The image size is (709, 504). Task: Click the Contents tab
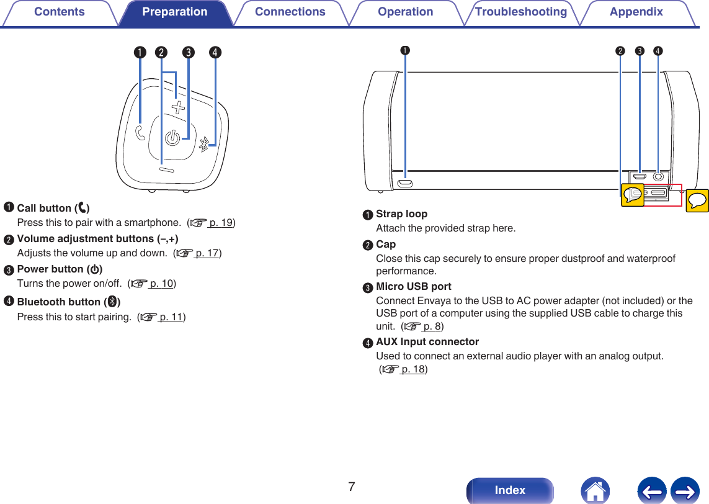pyautogui.click(x=59, y=12)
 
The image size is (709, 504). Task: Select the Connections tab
pyautogui.click(x=290, y=12)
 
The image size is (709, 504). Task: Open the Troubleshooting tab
pyautogui.click(x=520, y=12)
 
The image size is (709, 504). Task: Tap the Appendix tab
pyautogui.click(x=636, y=12)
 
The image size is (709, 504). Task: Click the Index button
pyautogui.click(x=510, y=490)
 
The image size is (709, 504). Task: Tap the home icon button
pyautogui.click(x=595, y=490)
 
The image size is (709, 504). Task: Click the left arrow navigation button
pyautogui.click(x=651, y=490)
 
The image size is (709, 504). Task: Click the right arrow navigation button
pyautogui.click(x=685, y=490)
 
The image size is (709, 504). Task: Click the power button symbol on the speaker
pyautogui.click(x=172, y=138)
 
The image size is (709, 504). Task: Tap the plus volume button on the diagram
pyautogui.click(x=179, y=108)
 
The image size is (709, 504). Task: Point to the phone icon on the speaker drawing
pyautogui.click(x=140, y=132)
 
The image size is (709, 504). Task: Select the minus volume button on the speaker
pyautogui.click(x=167, y=169)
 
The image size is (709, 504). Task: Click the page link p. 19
pyautogui.click(x=221, y=223)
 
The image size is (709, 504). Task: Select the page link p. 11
pyautogui.click(x=171, y=317)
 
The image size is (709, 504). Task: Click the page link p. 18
pyautogui.click(x=412, y=369)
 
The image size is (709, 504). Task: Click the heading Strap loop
pyautogui.click(x=401, y=214)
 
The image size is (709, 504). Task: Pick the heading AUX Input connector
pyautogui.click(x=427, y=342)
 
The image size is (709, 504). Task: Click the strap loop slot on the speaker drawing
pyautogui.click(x=405, y=183)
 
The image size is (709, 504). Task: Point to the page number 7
pyautogui.click(x=352, y=487)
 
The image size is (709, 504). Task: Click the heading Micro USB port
pyautogui.click(x=414, y=287)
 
